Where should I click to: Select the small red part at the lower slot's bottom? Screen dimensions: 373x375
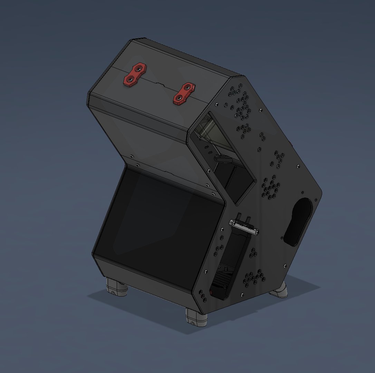tap(211, 293)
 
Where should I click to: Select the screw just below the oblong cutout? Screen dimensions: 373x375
tap(285, 266)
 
